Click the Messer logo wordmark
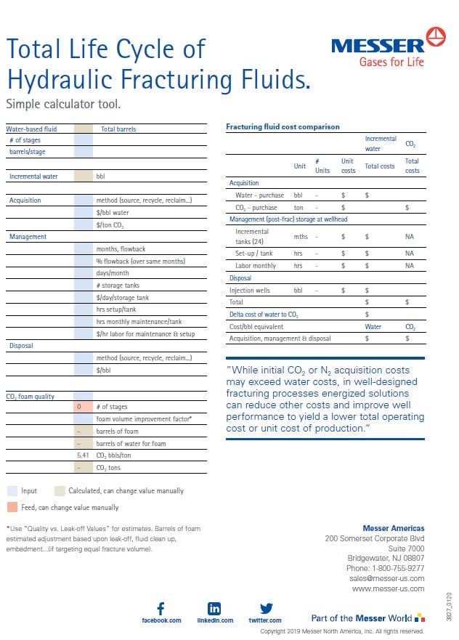(x=378, y=45)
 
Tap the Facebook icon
(x=161, y=608)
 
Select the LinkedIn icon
(x=215, y=608)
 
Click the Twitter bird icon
(x=266, y=608)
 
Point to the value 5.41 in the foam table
(x=82, y=455)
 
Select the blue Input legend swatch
(x=12, y=491)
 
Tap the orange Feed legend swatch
(x=12, y=507)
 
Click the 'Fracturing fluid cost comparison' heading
(x=283, y=127)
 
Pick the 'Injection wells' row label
(x=251, y=291)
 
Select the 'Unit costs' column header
(x=349, y=166)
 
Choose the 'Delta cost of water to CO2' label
(x=264, y=314)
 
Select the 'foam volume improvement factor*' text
(x=144, y=419)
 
